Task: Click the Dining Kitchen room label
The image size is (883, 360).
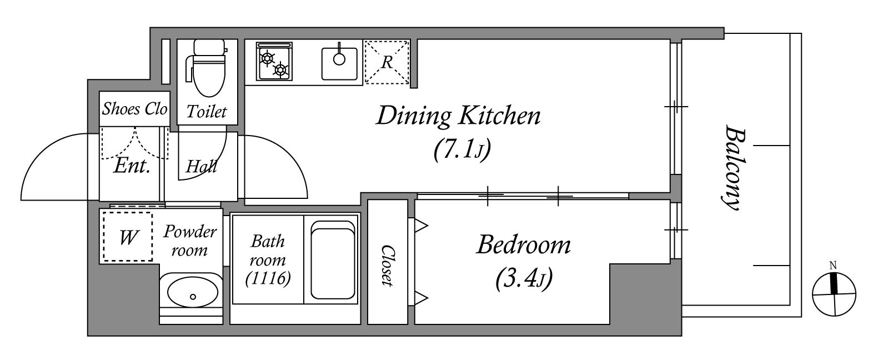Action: coord(458,116)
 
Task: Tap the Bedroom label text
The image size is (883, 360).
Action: coord(524,244)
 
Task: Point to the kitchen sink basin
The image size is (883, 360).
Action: coord(339,63)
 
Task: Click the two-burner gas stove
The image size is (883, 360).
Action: coord(274,62)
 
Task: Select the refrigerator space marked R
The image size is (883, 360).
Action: coord(387,62)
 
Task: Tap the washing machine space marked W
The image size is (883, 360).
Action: coord(128,237)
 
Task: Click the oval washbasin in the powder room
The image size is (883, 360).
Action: coord(192,293)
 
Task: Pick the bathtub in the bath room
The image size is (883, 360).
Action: coord(333,260)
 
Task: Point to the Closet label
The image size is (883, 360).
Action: coord(388,266)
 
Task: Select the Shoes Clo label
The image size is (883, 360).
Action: coord(135,109)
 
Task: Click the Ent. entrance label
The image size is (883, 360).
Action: coord(132,166)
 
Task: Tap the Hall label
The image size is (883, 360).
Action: coord(201,166)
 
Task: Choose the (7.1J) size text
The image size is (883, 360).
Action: coord(462,150)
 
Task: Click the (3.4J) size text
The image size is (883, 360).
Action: coord(524,279)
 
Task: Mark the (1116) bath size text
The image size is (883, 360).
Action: coord(268,278)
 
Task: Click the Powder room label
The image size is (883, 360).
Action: coord(190,241)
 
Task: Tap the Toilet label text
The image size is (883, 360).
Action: coord(207,112)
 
